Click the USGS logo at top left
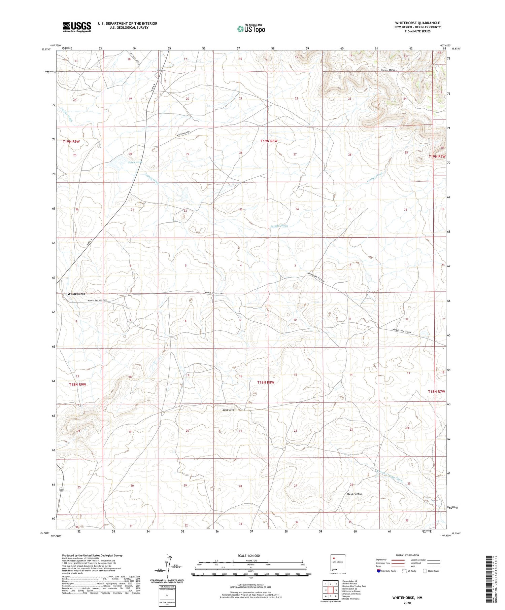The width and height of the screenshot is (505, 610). pyautogui.click(x=77, y=27)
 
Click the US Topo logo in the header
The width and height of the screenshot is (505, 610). pyautogui.click(x=251, y=29)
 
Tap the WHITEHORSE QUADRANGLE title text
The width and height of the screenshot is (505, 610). pyautogui.click(x=417, y=23)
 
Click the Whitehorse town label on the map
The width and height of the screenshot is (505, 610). pyautogui.click(x=76, y=294)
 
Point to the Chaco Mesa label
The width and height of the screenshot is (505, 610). pyautogui.click(x=388, y=70)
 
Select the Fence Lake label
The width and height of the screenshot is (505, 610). pyautogui.click(x=135, y=162)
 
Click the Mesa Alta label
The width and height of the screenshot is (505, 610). pyautogui.click(x=228, y=410)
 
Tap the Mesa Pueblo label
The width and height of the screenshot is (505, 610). pyautogui.click(x=354, y=494)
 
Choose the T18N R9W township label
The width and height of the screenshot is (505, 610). pyautogui.click(x=78, y=384)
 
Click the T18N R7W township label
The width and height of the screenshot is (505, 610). pyautogui.click(x=437, y=391)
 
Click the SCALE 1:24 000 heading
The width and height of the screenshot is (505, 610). pyautogui.click(x=245, y=555)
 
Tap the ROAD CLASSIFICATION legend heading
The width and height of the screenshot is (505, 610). pyautogui.click(x=407, y=555)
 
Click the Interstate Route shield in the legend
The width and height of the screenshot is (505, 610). pyautogui.click(x=379, y=571)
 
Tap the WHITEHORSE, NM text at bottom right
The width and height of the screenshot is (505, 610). pyautogui.click(x=407, y=598)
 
